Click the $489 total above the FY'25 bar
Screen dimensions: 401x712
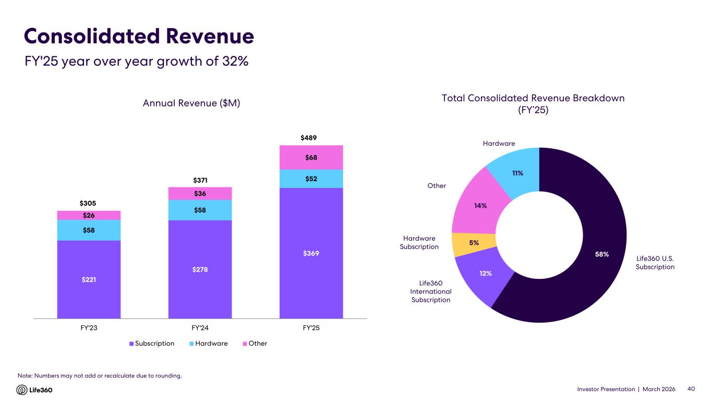(x=311, y=138)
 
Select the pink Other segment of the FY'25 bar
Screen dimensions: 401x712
(x=311, y=157)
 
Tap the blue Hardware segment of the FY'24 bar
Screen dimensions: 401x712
(x=200, y=210)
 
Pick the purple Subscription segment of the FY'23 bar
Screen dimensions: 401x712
(x=89, y=279)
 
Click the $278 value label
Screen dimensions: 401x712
(x=200, y=269)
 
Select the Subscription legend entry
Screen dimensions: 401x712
(x=152, y=344)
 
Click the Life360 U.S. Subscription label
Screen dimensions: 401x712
(x=655, y=262)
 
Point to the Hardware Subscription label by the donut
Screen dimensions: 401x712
(x=419, y=242)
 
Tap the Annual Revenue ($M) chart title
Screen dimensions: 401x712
(x=191, y=103)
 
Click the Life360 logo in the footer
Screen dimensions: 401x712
(x=35, y=390)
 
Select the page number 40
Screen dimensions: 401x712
(x=692, y=390)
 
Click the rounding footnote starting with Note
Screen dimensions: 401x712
(x=100, y=375)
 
